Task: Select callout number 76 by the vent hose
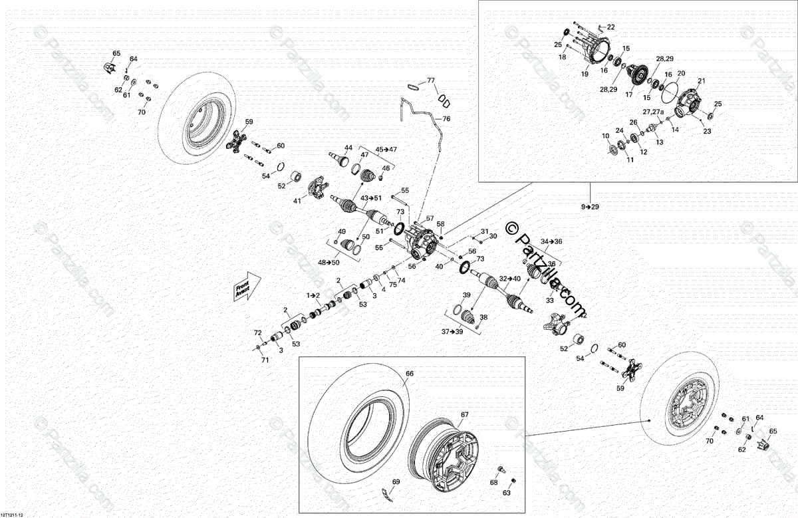(x=446, y=118)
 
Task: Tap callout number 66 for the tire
(x=410, y=374)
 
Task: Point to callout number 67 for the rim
(x=464, y=415)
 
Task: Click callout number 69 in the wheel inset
(x=396, y=481)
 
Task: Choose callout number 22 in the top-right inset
(x=610, y=27)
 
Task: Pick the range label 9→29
(x=590, y=207)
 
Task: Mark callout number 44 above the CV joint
(x=348, y=147)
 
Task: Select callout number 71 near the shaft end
(x=265, y=360)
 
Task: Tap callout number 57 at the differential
(x=430, y=218)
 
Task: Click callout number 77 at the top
(x=431, y=80)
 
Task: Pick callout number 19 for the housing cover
(x=585, y=74)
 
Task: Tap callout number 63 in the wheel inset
(x=507, y=493)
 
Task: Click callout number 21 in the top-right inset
(x=700, y=81)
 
